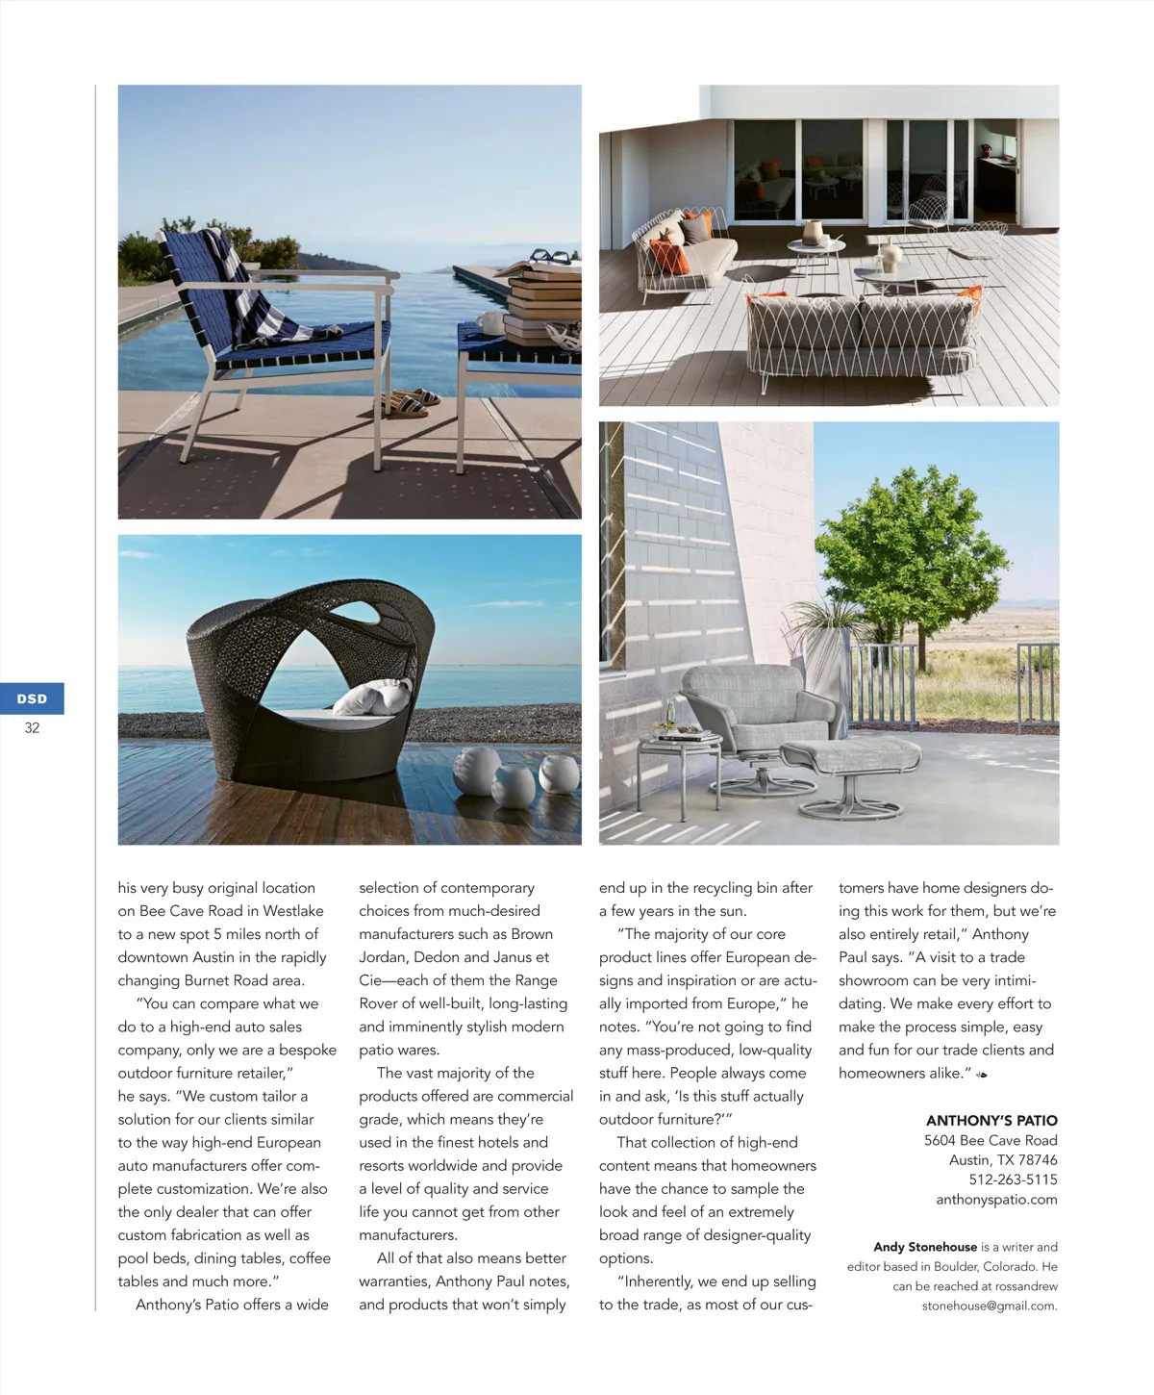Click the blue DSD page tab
32,698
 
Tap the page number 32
32,728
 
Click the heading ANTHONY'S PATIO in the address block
991,1121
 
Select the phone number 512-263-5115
1013,1179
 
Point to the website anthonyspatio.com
996,1200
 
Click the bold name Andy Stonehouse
924,1247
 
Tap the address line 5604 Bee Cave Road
991,1141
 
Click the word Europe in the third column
746,1003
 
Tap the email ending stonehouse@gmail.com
990,1306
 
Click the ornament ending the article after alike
981,1075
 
